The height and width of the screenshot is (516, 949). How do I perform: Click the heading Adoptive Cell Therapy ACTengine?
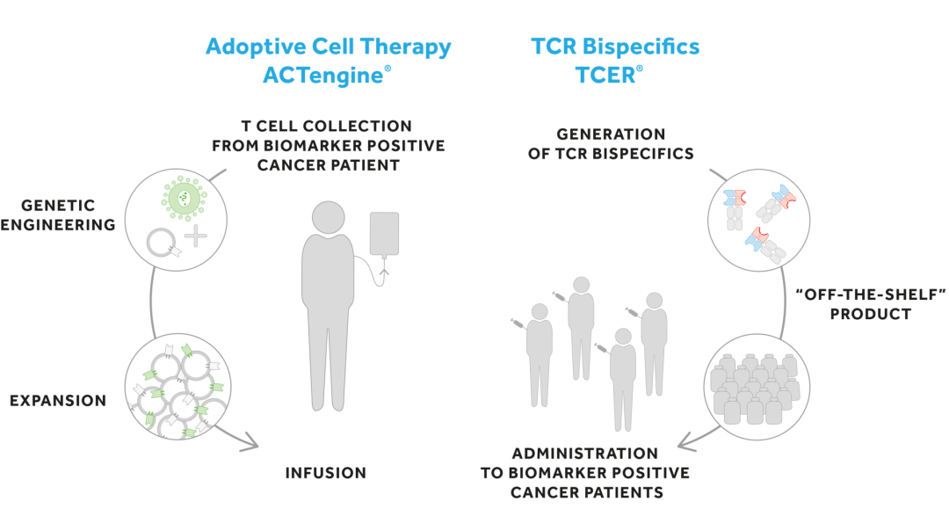pyautogui.click(x=328, y=60)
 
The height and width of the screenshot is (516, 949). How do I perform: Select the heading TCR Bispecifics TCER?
pyautogui.click(x=617, y=60)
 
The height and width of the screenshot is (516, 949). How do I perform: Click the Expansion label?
pyautogui.click(x=58, y=401)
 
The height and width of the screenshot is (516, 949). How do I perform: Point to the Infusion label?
pyautogui.click(x=325, y=473)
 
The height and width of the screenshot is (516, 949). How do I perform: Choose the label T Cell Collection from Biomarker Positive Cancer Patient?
pyautogui.click(x=329, y=145)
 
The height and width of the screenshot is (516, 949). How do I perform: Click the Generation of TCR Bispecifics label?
pyautogui.click(x=625, y=144)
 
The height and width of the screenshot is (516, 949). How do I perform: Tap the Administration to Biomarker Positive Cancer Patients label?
pyautogui.click(x=584, y=473)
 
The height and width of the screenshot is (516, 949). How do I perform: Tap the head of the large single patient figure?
pyautogui.click(x=329, y=216)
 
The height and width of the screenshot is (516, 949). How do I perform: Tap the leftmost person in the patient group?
pyautogui.click(x=539, y=352)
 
